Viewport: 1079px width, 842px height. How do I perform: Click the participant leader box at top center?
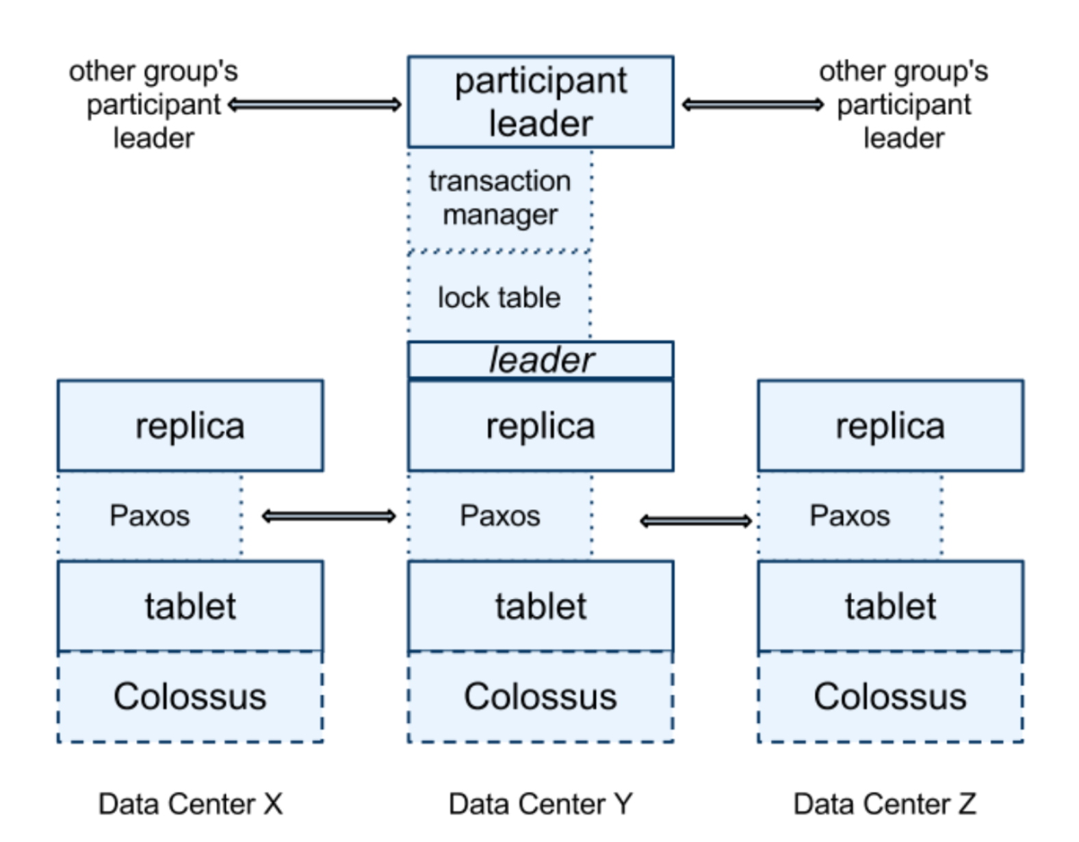(x=540, y=102)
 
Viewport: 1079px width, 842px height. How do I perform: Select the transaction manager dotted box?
(x=499, y=198)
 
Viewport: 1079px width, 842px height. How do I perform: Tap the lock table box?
(x=499, y=297)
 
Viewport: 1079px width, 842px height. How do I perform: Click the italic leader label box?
(x=540, y=359)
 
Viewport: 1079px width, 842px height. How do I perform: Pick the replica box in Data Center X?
(x=190, y=426)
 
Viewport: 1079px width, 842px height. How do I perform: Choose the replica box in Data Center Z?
(x=890, y=426)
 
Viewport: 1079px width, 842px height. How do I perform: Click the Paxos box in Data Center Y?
(x=499, y=515)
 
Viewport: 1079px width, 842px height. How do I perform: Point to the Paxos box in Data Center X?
(x=149, y=515)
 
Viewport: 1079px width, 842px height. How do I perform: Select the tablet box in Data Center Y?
(x=540, y=606)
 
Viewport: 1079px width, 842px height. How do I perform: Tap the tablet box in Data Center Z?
(x=890, y=606)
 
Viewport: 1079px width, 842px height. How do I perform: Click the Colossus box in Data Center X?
(x=190, y=696)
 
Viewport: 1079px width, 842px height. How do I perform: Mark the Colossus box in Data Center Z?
(x=890, y=696)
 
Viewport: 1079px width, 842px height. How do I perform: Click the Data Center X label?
(x=190, y=804)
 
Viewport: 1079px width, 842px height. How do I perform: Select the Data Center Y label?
(x=540, y=804)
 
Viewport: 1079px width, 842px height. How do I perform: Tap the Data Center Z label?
(x=884, y=804)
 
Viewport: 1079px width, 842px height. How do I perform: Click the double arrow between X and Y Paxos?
(x=328, y=516)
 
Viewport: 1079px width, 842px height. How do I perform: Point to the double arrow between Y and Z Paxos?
(x=695, y=522)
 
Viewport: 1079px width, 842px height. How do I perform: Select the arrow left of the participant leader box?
(x=314, y=105)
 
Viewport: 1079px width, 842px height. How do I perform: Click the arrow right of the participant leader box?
(x=753, y=105)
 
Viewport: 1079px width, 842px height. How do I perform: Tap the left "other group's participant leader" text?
(x=153, y=105)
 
